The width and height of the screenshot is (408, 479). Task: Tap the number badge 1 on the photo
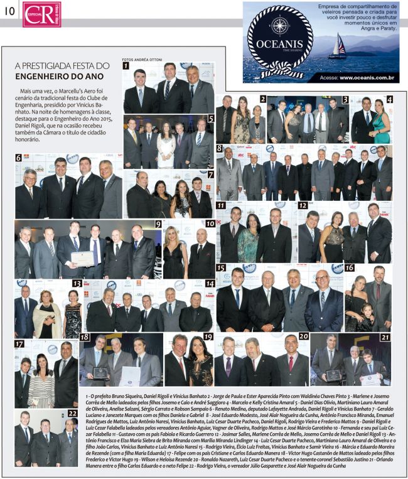tap(126, 65)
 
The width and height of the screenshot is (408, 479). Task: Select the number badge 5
tap(211, 117)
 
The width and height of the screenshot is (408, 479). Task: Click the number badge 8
tap(220, 149)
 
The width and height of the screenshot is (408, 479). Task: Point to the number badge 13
tap(77, 283)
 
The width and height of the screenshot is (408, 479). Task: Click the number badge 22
tap(72, 413)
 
